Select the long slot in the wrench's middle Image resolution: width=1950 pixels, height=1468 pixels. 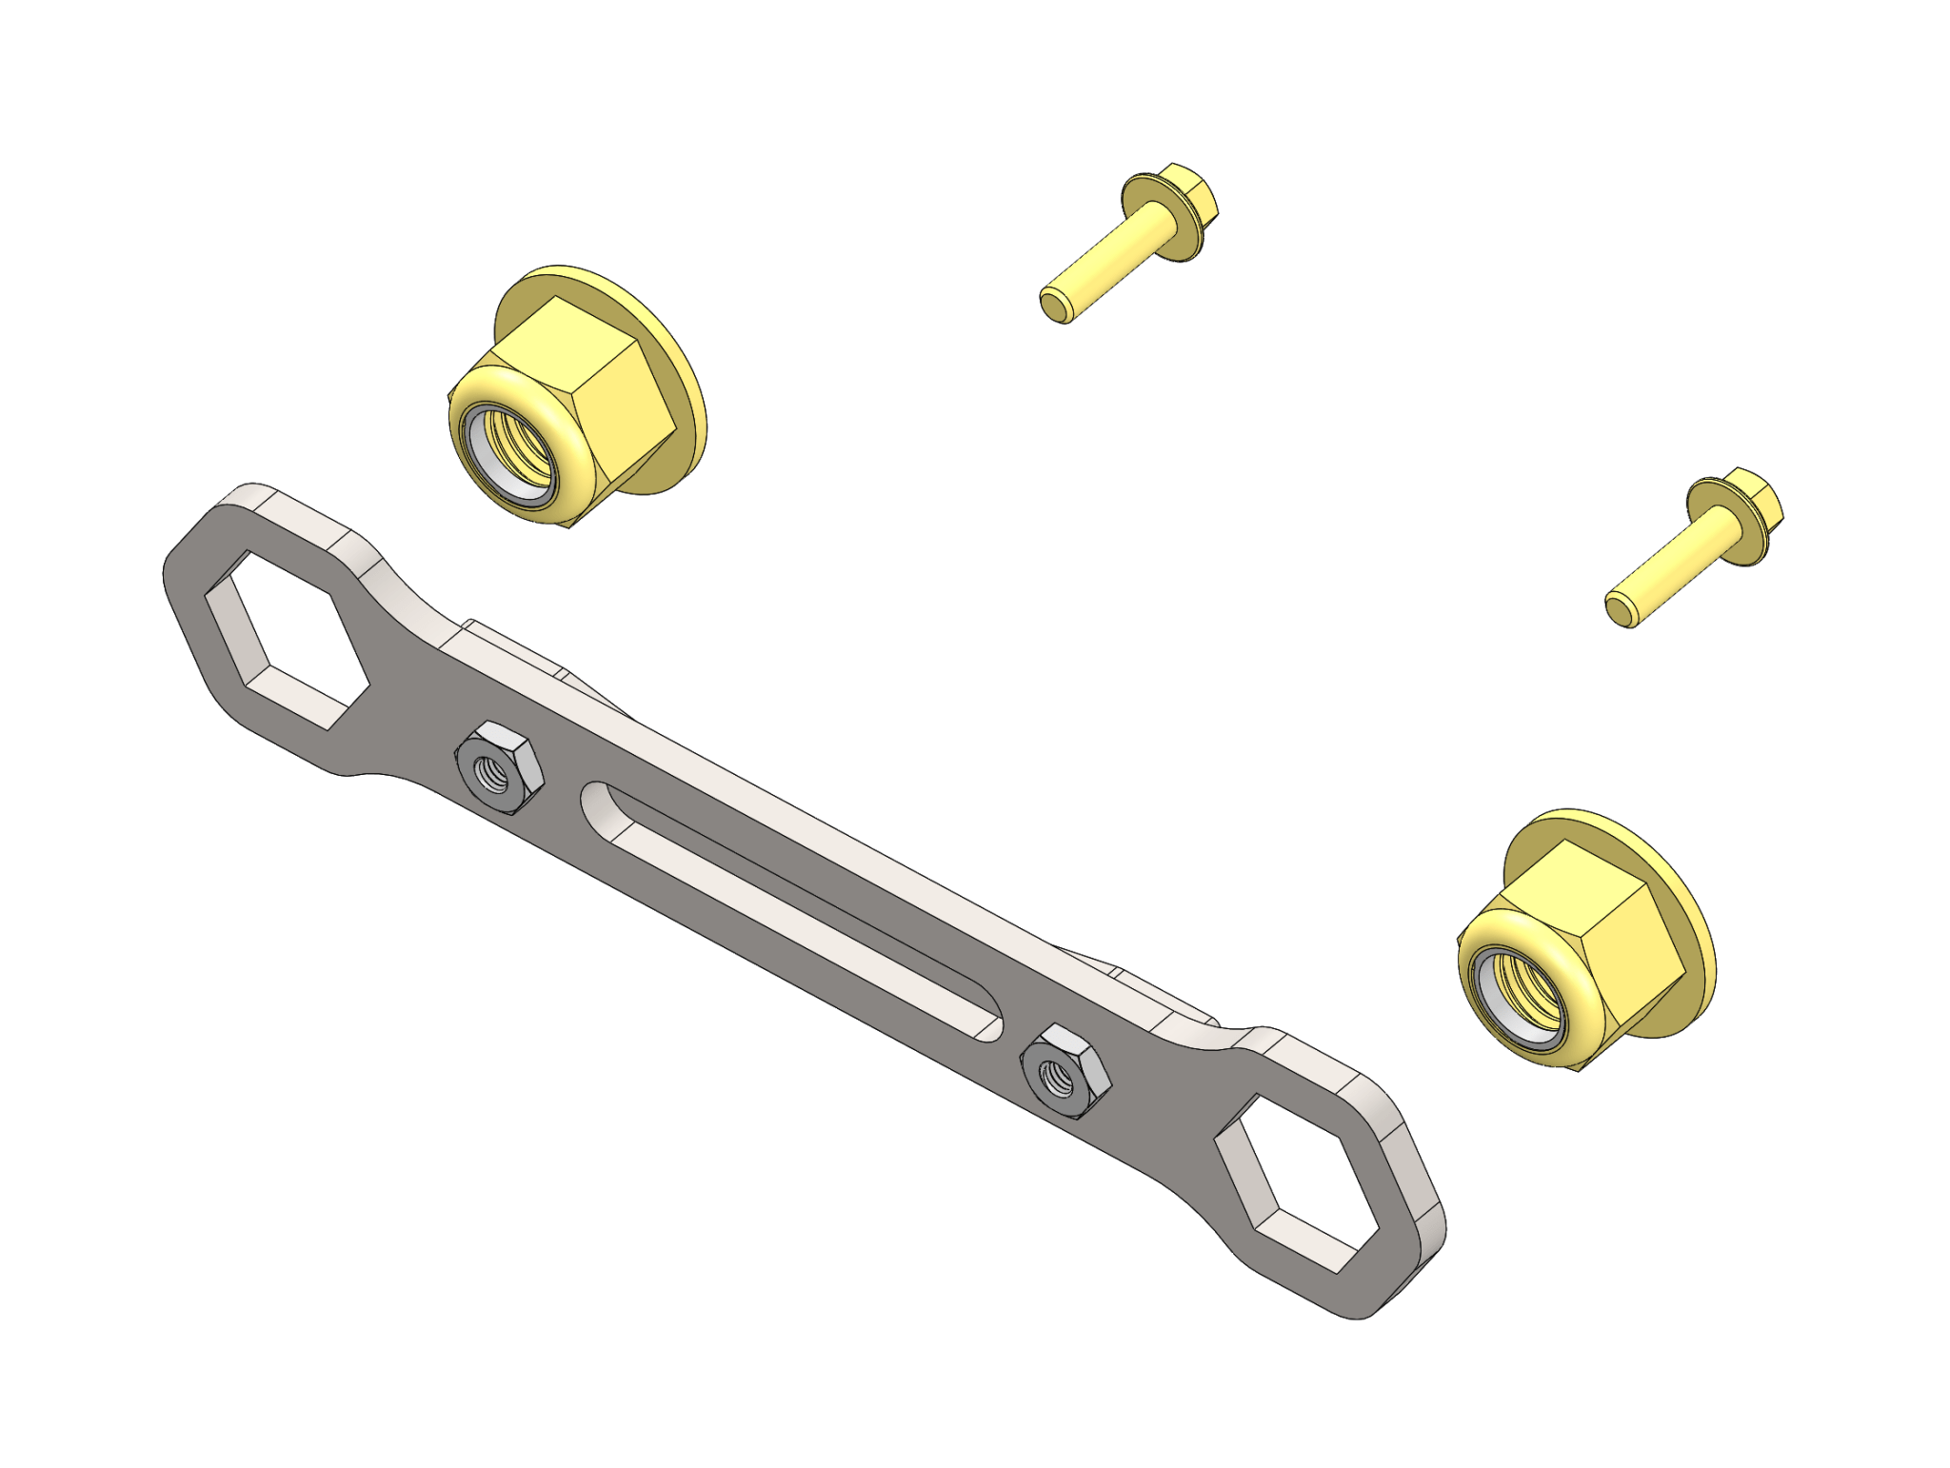point(790,909)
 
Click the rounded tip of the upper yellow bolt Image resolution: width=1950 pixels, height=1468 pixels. point(1054,307)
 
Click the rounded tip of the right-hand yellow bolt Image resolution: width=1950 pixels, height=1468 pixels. point(1620,610)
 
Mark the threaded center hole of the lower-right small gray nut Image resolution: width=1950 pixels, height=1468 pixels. point(1059,1075)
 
